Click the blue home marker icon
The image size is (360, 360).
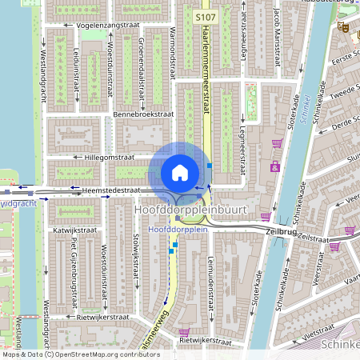tap(180, 173)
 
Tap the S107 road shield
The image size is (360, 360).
tap(206, 16)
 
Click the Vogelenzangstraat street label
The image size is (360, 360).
tap(108, 26)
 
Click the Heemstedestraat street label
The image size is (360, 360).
tap(111, 190)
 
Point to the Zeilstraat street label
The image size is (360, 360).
tap(312, 238)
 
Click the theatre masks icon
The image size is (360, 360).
tap(342, 26)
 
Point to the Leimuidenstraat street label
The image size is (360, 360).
tap(210, 276)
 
